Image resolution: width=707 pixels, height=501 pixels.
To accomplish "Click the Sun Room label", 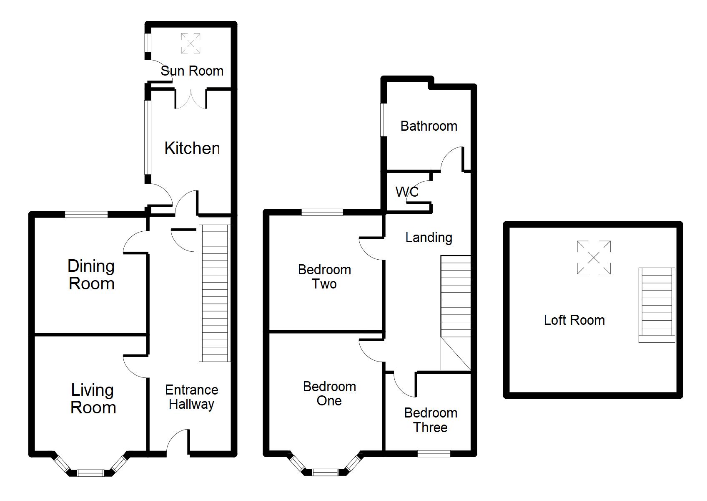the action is coord(192,71).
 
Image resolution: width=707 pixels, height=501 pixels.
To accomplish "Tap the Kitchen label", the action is coord(192,148).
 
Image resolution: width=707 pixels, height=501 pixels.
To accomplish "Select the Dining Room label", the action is coord(91,275).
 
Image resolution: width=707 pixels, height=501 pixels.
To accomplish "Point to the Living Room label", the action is coord(93,398).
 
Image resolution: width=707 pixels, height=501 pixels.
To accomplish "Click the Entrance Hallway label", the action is coord(192,397).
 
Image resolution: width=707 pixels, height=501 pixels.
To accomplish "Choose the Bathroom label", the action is coord(429,126).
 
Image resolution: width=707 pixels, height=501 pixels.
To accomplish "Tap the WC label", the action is coord(407,192).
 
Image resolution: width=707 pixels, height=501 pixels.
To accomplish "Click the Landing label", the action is coord(429,238).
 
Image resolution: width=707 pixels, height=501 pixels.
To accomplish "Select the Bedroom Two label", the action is coord(324,276).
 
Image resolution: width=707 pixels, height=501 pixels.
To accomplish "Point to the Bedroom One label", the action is coord(329,394).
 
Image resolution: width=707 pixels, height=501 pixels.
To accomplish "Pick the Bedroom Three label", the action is coord(431,420).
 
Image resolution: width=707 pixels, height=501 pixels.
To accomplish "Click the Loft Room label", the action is coord(574,320).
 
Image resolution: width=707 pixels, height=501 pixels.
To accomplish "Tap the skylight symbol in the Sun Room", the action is coord(191,43).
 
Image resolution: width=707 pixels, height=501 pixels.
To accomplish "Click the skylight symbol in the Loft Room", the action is coord(594,257).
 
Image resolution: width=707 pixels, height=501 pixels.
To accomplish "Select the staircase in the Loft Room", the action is coord(657,305).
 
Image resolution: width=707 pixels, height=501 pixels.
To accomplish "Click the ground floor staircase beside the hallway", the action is coord(215,290).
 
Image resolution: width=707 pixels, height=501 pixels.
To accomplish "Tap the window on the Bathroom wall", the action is coord(384,120).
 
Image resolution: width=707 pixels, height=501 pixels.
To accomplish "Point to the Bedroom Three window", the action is coord(434,453).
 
